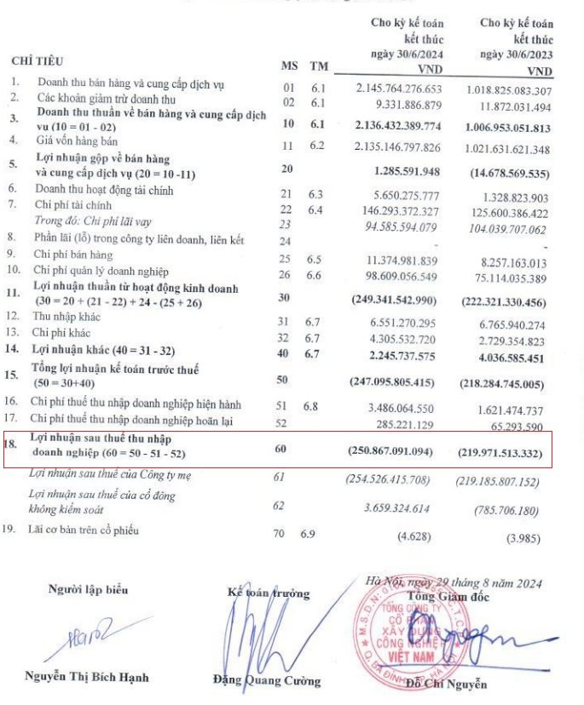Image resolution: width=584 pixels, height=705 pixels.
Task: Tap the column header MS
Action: click(288, 66)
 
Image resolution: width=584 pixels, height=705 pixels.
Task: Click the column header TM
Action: click(318, 66)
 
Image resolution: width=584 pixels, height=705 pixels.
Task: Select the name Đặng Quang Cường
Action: click(267, 680)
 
